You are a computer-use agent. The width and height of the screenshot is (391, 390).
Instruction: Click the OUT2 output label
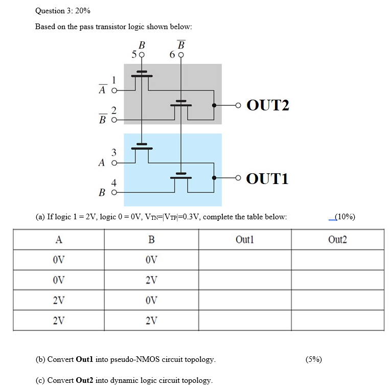pos(268,105)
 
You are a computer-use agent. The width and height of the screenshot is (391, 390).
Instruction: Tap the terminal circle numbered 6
pos(181,55)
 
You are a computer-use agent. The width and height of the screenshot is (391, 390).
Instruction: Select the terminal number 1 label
pos(114,79)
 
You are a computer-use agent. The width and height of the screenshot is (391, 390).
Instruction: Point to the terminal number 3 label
pos(114,152)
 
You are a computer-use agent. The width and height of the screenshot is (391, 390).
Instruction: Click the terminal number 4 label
pos(114,182)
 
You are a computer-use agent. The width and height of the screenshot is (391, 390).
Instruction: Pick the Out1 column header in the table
pos(245,239)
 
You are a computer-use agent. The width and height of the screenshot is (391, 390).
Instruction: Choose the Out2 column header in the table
pos(337,239)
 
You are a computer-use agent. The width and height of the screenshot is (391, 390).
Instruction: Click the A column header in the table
pos(59,239)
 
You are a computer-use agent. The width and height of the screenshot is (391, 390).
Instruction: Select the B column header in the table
pos(151,239)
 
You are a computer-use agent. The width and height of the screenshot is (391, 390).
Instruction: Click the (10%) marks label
pos(342,217)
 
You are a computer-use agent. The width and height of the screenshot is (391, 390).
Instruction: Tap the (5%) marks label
pos(313,359)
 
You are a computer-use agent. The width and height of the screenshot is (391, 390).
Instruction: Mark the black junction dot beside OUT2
pos(214,105)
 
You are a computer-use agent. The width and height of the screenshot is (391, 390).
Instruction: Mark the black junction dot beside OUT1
pos(214,178)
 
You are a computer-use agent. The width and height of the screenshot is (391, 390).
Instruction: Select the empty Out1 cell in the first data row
pos(245,260)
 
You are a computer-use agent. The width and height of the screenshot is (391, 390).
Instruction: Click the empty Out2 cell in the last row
pos(337,320)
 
